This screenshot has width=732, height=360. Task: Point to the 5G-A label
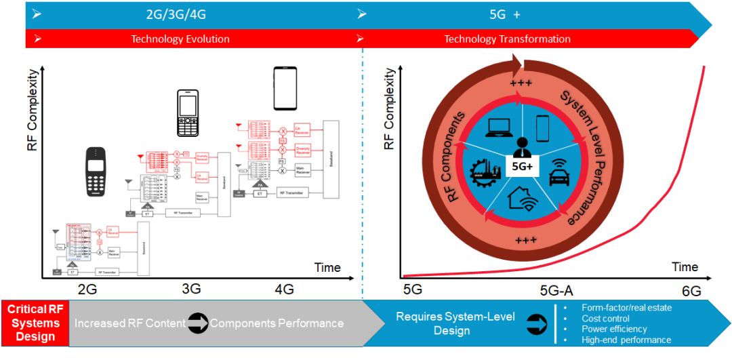556,292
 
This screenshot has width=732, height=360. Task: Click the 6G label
691,292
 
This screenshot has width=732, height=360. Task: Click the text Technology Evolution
180,39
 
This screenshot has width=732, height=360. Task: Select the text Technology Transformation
507,39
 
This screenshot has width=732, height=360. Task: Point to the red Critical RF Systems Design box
35,323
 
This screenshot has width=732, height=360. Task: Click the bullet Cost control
605,318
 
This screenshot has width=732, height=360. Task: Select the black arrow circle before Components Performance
197,323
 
